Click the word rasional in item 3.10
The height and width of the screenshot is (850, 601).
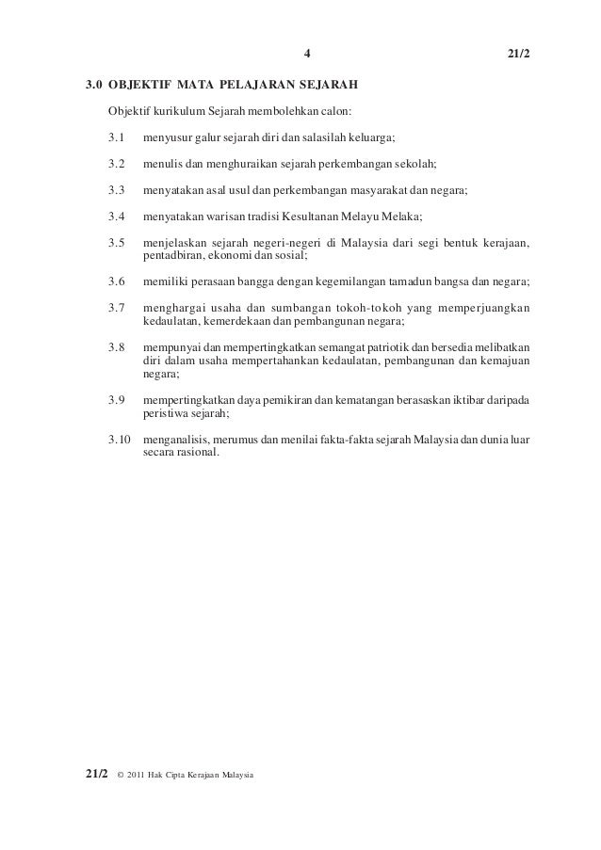[198, 452]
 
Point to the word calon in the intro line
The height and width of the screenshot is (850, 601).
[334, 112]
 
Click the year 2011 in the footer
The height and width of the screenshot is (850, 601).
[138, 775]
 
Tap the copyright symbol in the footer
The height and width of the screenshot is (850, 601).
[119, 775]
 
